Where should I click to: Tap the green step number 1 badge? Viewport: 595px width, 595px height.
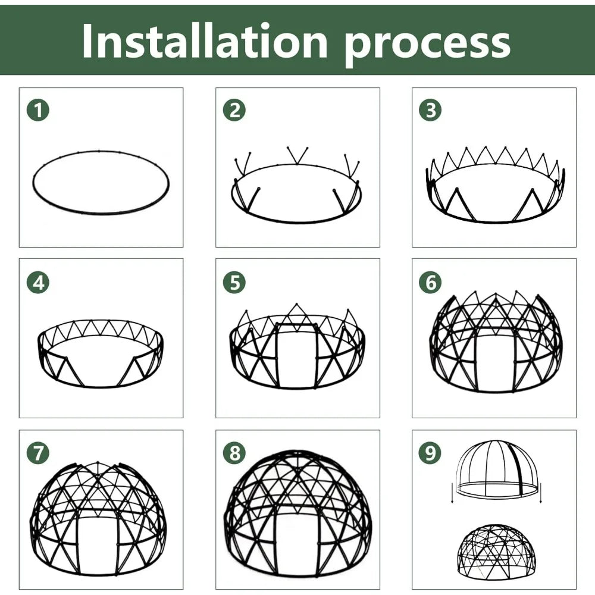pyautogui.click(x=38, y=110)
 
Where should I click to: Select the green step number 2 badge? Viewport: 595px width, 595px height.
pyautogui.click(x=234, y=110)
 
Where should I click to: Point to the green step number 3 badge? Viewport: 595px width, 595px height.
pyautogui.click(x=430, y=110)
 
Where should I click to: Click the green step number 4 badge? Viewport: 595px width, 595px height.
pyautogui.click(x=38, y=283)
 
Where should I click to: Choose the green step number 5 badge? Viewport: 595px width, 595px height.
pyautogui.click(x=234, y=283)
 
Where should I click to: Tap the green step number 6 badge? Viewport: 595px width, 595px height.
pyautogui.click(x=430, y=283)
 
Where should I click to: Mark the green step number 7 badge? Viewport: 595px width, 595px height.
pyautogui.click(x=38, y=453)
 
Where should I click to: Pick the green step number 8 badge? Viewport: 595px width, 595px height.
pyautogui.click(x=234, y=453)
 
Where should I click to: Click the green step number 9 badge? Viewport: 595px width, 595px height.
pyautogui.click(x=430, y=453)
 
